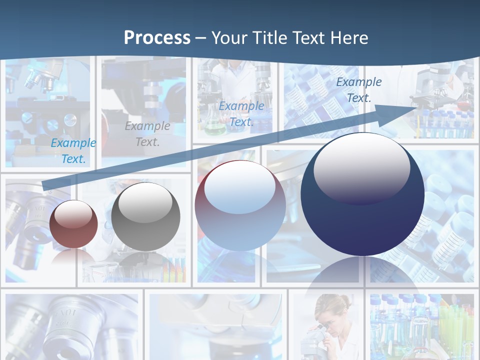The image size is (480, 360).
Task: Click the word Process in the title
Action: click(x=157, y=38)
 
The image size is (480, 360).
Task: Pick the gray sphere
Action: click(x=145, y=217)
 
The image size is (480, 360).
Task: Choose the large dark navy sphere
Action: click(x=362, y=195)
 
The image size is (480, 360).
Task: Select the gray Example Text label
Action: click(x=147, y=134)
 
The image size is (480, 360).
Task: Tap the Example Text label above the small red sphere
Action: click(x=73, y=151)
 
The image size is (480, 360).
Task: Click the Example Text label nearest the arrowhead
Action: click(x=358, y=90)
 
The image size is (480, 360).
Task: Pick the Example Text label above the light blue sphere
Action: click(x=241, y=114)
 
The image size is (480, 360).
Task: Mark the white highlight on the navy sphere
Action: click(x=361, y=168)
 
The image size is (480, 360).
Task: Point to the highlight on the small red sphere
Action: click(x=73, y=215)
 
